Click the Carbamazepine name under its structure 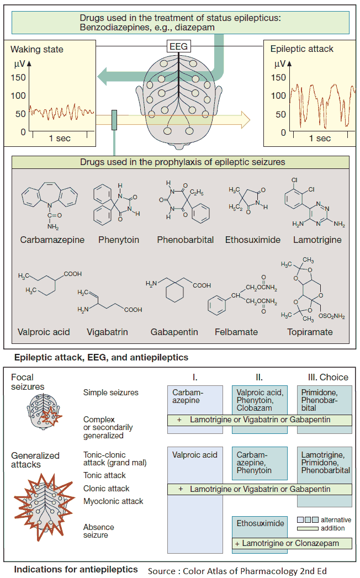[52, 240]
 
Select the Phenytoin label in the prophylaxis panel [119, 240]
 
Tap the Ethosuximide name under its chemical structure [252, 240]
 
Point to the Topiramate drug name [310, 332]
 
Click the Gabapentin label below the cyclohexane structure [174, 332]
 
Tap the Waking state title [36, 49]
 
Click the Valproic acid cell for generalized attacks [195, 455]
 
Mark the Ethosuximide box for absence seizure [261, 523]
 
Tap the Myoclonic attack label [113, 501]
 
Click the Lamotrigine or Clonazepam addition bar [292, 544]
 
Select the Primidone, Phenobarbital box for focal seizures [324, 400]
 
